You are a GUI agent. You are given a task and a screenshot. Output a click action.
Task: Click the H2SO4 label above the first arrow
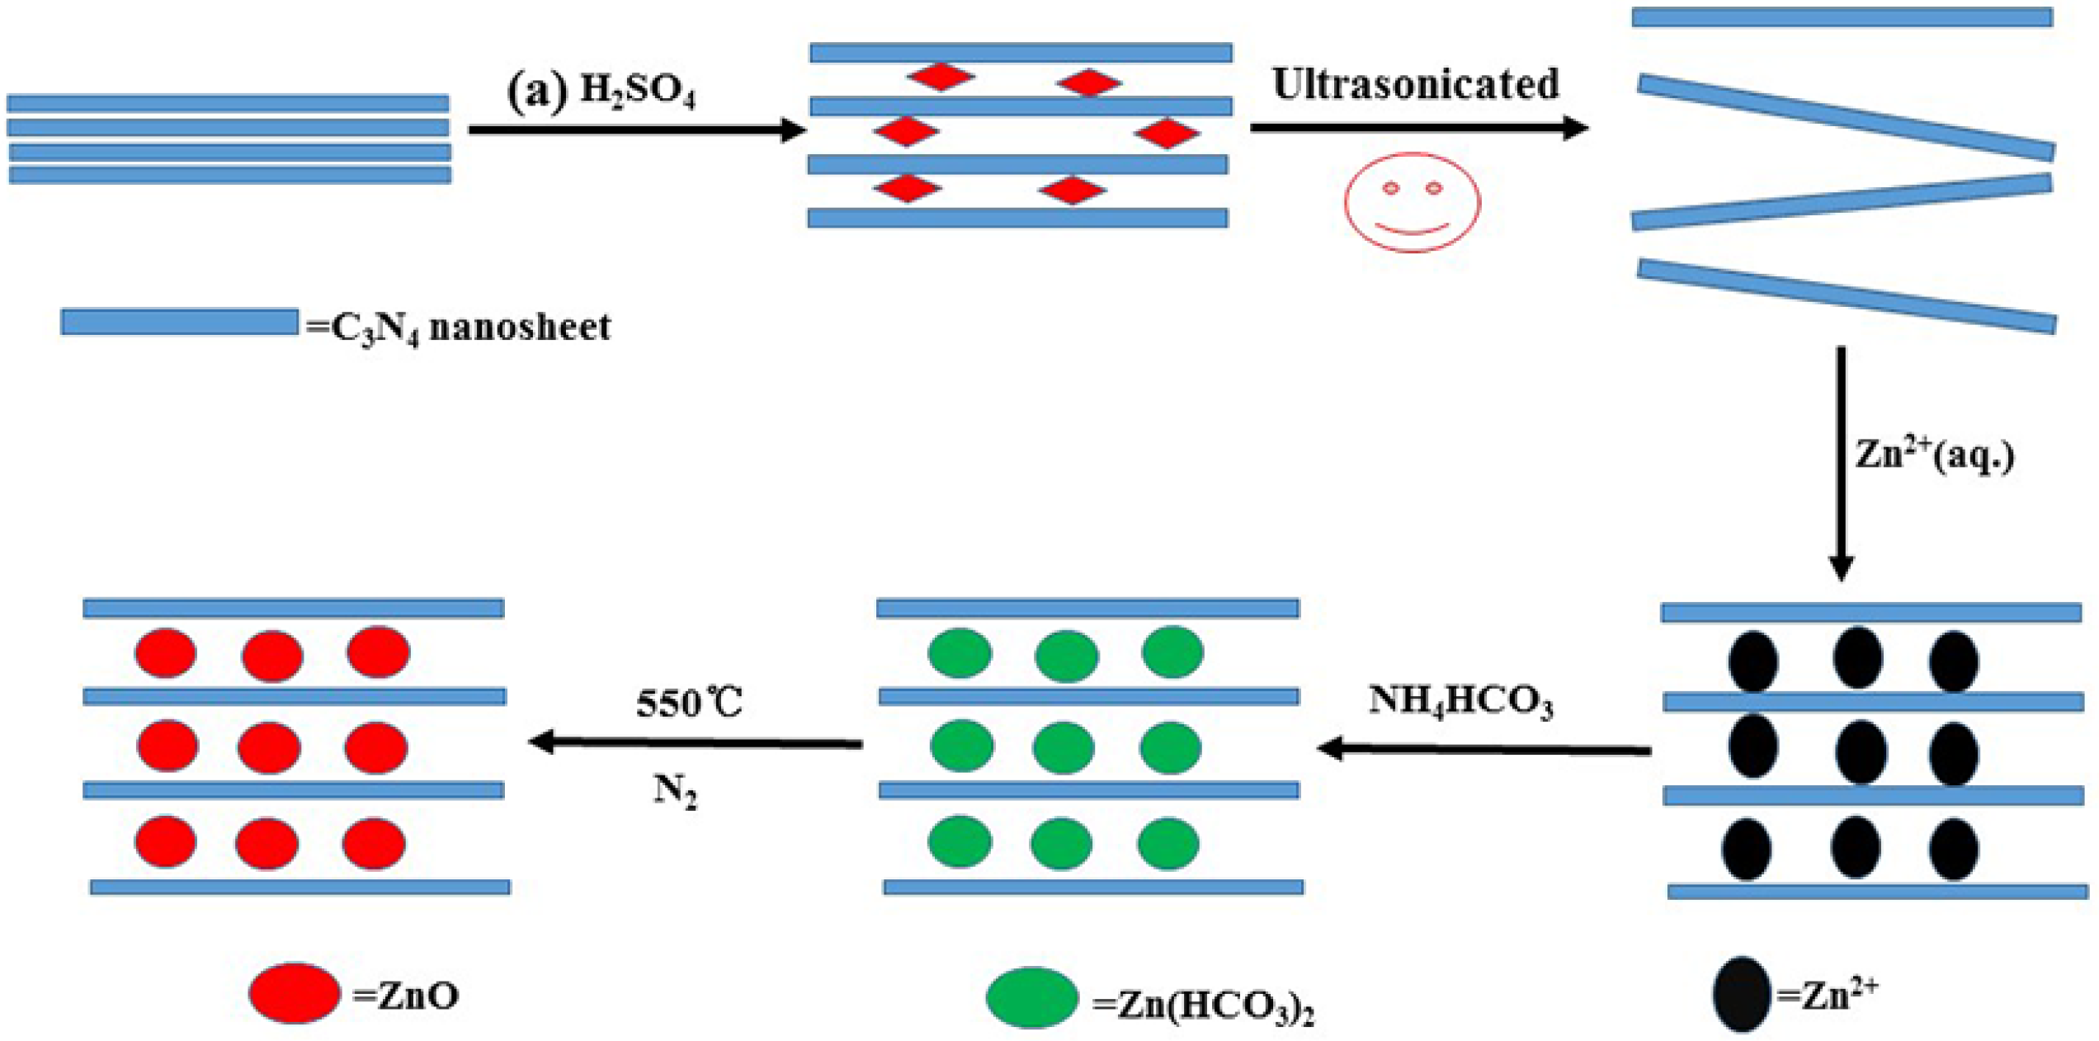coord(637,91)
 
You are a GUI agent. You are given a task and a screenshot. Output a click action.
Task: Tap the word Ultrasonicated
coord(1415,84)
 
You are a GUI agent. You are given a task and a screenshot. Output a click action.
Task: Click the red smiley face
coord(1412,202)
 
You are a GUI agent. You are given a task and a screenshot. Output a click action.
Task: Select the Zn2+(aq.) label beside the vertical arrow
coord(1934,455)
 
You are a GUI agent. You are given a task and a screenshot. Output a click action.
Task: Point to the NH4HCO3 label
coord(1460,701)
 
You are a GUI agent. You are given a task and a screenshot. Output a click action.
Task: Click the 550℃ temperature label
coord(689,703)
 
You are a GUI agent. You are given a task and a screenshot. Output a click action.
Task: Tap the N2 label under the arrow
coord(675,791)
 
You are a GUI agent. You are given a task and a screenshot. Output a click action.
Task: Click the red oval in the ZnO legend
coord(295,992)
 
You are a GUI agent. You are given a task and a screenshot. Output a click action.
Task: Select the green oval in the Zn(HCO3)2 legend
coord(1031,997)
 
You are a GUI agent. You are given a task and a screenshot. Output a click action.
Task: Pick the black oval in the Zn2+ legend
coord(1741,994)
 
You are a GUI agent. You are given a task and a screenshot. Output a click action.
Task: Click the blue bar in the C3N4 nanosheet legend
coord(179,322)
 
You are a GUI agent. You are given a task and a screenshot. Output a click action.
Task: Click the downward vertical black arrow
coord(1841,462)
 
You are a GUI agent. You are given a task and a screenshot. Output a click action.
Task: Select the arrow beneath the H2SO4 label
coord(635,130)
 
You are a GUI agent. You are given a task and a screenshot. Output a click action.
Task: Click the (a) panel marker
coord(537,91)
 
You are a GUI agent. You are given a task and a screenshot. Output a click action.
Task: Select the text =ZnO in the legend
coord(406,996)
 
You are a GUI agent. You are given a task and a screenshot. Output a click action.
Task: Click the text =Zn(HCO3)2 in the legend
coord(1203,1006)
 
